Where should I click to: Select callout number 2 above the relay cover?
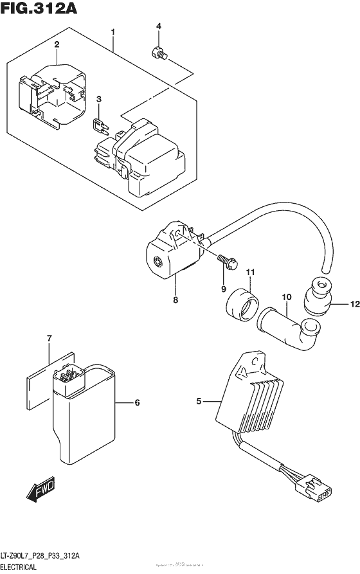[x=57, y=44]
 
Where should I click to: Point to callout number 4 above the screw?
[x=157, y=26]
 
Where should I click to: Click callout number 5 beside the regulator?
[x=199, y=402]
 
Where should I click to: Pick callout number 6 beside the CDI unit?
[x=136, y=403]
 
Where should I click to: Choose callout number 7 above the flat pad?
[x=48, y=337]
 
